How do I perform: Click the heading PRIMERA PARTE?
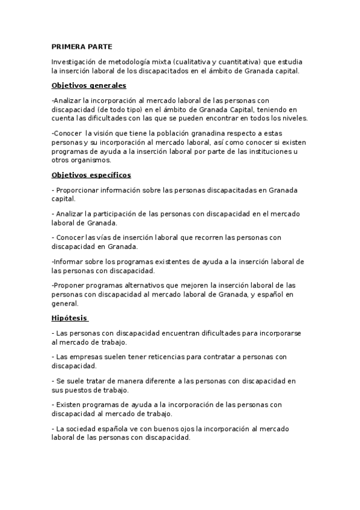(82, 46)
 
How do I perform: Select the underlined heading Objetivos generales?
(89, 85)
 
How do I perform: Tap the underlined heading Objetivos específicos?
(91, 175)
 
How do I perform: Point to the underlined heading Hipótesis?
(70, 318)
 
